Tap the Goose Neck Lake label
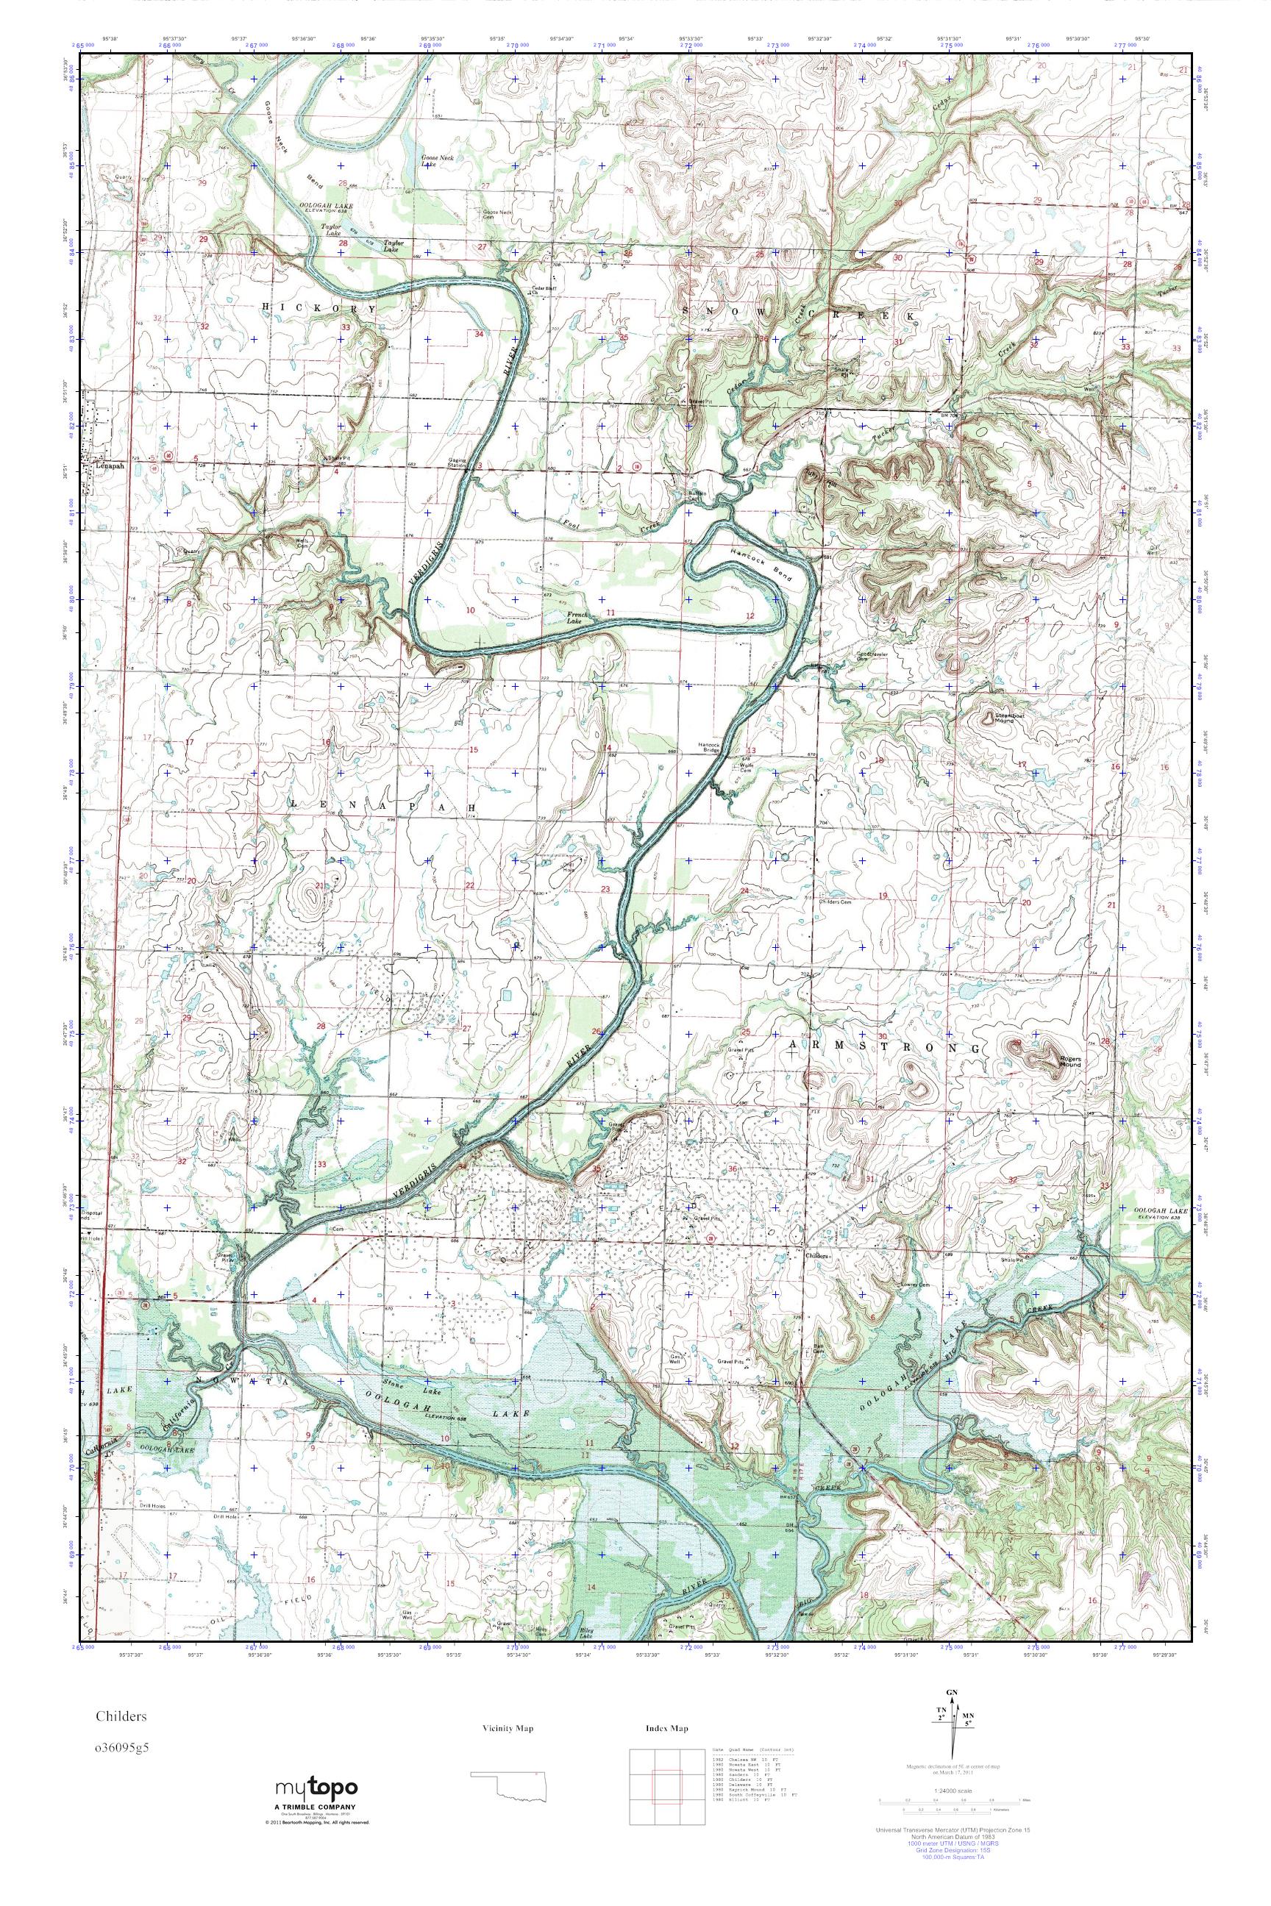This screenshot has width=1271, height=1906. click(x=437, y=160)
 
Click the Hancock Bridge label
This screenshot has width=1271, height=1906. click(x=709, y=749)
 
